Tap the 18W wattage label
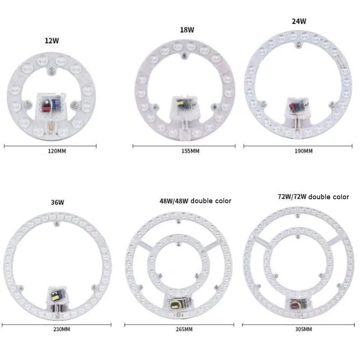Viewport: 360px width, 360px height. (x=187, y=30)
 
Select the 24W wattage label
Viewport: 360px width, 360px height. (x=299, y=21)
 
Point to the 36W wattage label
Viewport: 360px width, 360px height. (x=58, y=202)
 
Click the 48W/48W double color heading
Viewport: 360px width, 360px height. (x=195, y=201)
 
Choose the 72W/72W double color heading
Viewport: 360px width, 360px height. (x=313, y=197)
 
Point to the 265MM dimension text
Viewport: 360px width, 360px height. (x=184, y=329)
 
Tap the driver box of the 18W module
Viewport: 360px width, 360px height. (x=184, y=105)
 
